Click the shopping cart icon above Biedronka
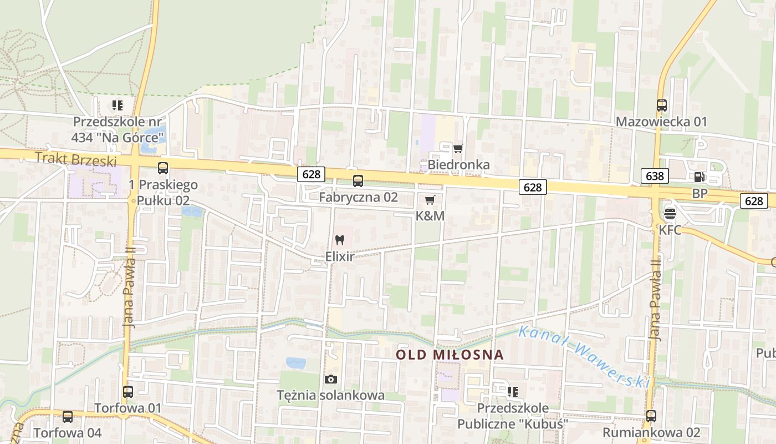(x=458, y=148)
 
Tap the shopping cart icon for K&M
(x=430, y=200)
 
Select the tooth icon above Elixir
(x=340, y=240)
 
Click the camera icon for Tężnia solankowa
(x=331, y=379)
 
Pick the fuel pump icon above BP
(x=700, y=177)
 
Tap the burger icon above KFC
(x=670, y=214)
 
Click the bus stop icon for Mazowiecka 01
(x=661, y=105)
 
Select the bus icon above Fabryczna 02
(x=358, y=180)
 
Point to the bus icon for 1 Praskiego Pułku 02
(x=163, y=168)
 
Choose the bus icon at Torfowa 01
(x=128, y=391)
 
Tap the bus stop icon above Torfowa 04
(x=68, y=416)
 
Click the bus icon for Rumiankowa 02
(x=651, y=416)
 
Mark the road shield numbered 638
(x=654, y=176)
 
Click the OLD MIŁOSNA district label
(x=450, y=355)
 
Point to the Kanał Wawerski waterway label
(x=583, y=356)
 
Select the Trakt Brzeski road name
(x=76, y=160)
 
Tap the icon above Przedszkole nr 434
(x=117, y=105)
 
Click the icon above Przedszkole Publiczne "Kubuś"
(x=513, y=392)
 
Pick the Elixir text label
(x=339, y=257)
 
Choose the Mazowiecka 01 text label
(x=661, y=122)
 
